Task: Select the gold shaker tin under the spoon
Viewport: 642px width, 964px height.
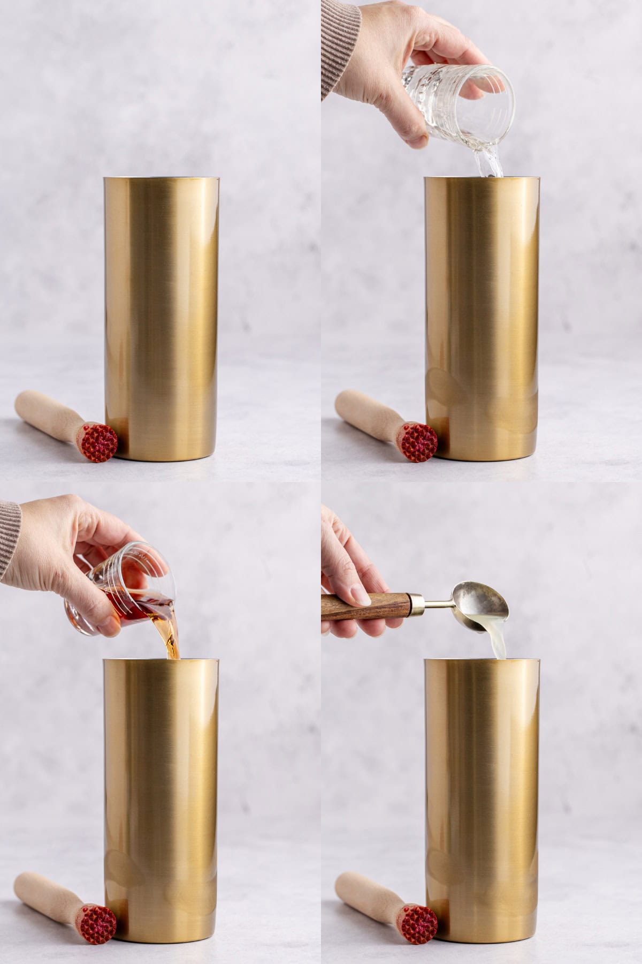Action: pyautogui.click(x=481, y=803)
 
